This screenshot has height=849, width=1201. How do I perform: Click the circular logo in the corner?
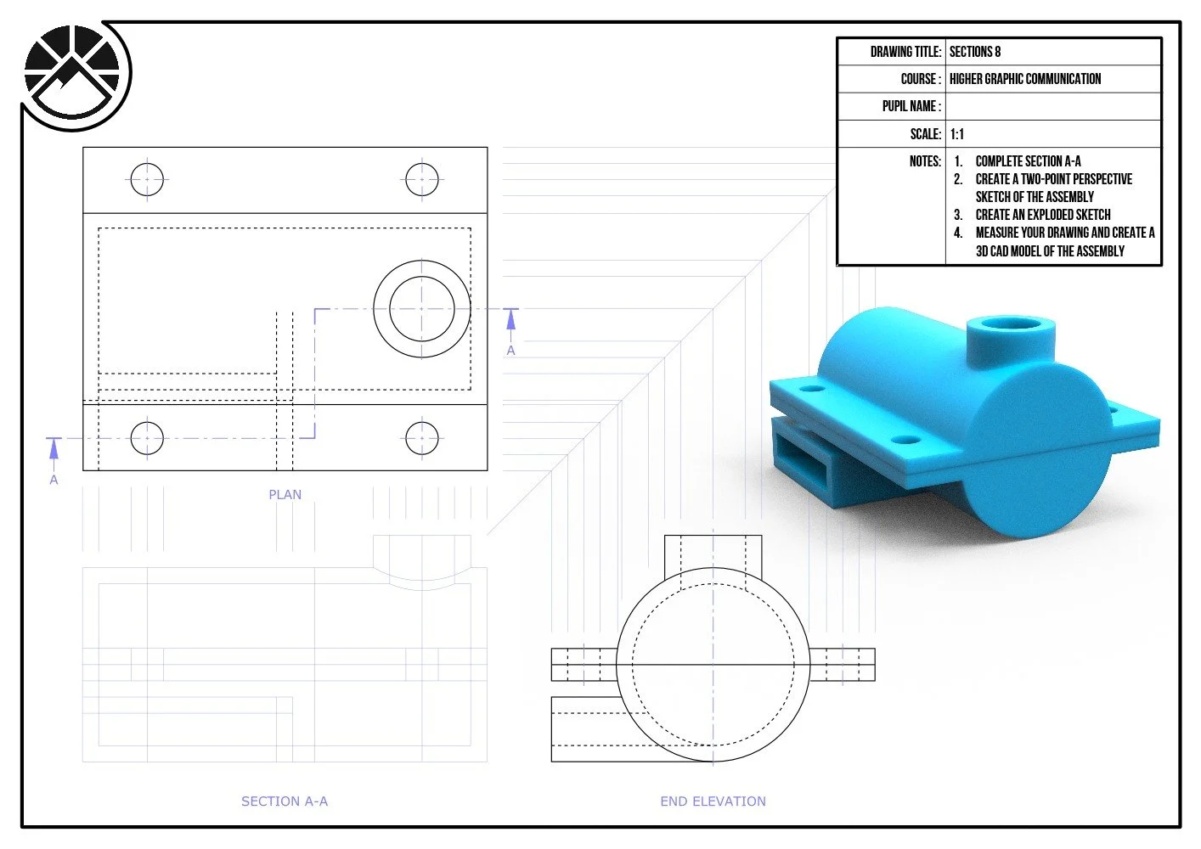72,73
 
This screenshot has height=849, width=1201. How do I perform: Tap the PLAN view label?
285,495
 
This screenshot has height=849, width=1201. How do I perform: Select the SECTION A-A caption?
285,801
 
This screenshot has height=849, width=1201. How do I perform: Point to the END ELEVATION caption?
713,801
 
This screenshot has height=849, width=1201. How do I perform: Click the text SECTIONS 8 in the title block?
975,52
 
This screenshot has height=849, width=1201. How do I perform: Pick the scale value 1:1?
957,134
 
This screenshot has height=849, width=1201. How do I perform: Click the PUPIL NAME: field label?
911,106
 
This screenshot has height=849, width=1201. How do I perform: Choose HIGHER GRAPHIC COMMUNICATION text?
1025,79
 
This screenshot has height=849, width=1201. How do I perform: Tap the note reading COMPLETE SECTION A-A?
1028,161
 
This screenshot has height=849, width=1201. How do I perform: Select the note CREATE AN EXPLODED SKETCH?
1043,215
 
